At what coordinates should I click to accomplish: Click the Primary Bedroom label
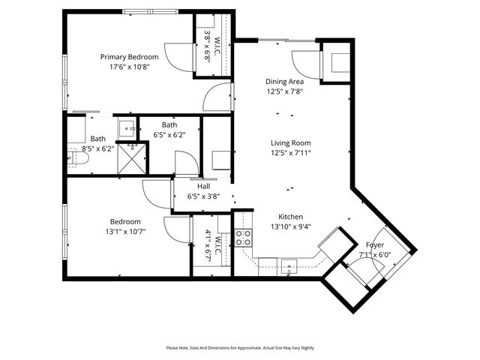(x=130, y=57)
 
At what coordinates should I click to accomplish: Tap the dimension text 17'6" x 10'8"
(x=130, y=67)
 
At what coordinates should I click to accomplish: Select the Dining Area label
(x=285, y=82)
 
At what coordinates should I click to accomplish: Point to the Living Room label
(x=291, y=143)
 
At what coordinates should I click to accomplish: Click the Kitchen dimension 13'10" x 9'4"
(x=290, y=226)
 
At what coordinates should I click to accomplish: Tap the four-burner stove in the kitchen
(x=244, y=238)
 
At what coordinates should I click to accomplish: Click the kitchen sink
(x=289, y=265)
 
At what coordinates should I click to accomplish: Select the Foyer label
(x=375, y=245)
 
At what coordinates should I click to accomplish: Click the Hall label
(x=203, y=187)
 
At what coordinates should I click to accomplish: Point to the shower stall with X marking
(x=135, y=157)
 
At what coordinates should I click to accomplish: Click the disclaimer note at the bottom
(x=240, y=348)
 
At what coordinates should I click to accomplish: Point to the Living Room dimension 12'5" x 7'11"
(x=291, y=154)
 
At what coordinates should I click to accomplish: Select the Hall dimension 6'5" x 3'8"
(x=203, y=196)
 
